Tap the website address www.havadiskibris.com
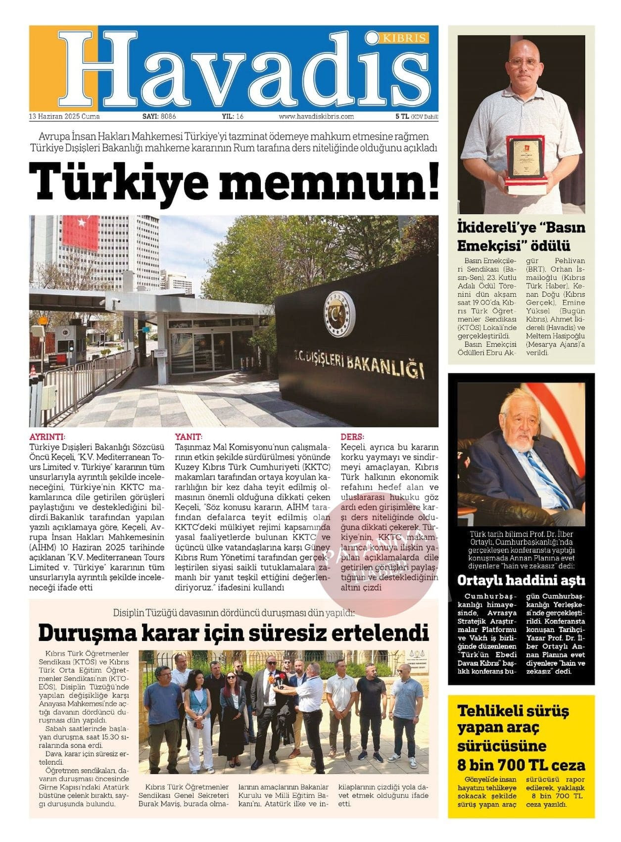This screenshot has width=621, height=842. (316, 117)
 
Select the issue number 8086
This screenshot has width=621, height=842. (168, 117)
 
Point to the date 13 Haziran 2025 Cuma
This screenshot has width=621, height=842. (64, 117)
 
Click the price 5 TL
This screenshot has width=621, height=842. (402, 117)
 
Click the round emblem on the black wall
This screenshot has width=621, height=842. (339, 314)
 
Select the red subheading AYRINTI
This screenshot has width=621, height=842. (47, 437)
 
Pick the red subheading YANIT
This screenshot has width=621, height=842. (189, 437)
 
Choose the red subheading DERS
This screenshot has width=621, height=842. (352, 437)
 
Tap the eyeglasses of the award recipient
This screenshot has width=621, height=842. (524, 63)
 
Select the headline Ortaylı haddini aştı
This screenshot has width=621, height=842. (521, 580)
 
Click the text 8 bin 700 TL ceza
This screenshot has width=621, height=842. (521, 765)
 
